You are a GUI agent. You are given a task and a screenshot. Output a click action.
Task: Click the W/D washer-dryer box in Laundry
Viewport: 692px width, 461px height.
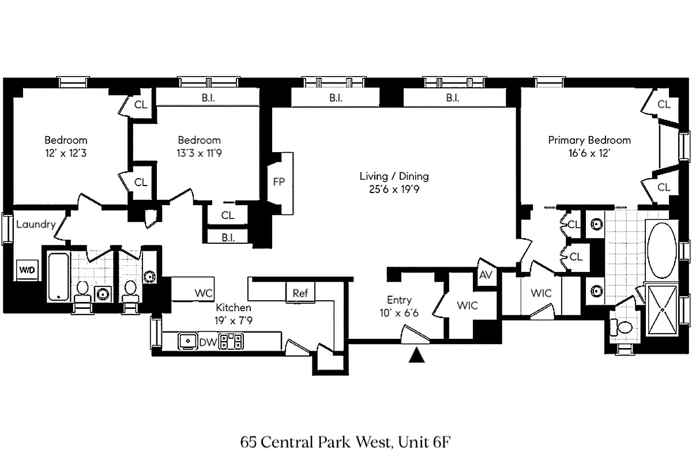point(25,269)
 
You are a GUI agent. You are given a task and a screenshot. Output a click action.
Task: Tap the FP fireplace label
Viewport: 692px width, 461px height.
point(279,182)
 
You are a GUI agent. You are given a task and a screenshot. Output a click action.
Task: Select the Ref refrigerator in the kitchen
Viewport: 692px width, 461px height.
point(300,293)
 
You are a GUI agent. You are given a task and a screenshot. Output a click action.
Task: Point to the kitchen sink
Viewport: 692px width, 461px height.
point(187,342)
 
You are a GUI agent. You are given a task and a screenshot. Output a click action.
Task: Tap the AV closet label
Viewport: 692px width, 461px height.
point(486,275)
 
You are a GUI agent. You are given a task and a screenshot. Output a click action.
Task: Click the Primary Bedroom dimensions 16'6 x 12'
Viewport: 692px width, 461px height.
point(589,154)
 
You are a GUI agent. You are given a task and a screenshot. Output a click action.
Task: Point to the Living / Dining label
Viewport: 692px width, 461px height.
point(394,176)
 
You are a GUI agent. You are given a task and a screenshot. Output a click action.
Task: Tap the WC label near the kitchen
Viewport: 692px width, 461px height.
point(204,293)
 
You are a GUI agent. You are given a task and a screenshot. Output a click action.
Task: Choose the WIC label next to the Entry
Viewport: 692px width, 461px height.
point(467,305)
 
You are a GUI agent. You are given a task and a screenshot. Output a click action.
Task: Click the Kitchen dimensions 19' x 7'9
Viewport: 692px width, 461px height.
point(234,321)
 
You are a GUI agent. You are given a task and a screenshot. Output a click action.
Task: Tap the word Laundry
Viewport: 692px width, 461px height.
point(35,224)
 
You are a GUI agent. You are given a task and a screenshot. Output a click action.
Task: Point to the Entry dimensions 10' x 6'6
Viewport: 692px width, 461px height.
point(399,313)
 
